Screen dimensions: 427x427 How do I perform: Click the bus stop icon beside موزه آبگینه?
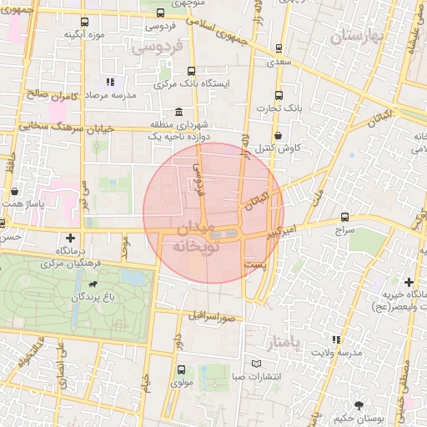point(83,23)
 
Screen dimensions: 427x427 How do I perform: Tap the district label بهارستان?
point(360,38)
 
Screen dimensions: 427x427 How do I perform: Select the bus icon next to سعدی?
point(280,48)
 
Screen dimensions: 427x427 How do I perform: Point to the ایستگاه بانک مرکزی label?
point(197,84)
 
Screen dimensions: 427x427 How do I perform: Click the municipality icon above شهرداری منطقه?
point(178,113)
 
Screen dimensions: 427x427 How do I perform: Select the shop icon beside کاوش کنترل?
point(278,134)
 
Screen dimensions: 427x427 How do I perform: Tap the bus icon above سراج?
point(348,216)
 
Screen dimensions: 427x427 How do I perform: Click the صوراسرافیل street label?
point(213,318)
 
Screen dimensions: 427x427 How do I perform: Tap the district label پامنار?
point(289,342)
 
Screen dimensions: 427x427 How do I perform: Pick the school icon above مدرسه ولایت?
point(336,339)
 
